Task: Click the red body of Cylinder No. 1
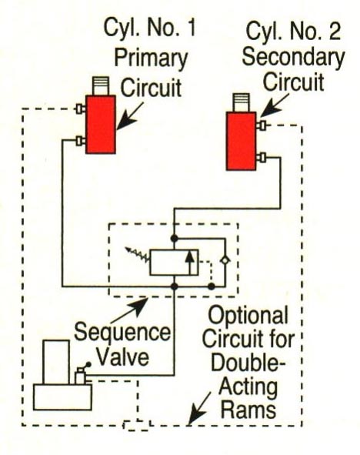point(101,124)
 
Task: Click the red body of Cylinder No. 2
point(242,141)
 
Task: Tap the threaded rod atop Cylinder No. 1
point(101,86)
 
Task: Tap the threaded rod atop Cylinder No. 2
point(242,102)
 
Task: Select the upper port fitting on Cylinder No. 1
point(81,109)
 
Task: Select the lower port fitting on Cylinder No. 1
point(81,141)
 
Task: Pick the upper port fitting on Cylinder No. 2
point(262,125)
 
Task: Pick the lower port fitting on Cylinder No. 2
point(262,158)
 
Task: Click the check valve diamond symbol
point(225,260)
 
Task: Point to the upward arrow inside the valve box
point(190,263)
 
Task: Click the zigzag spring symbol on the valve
point(138,253)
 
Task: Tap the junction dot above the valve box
point(174,239)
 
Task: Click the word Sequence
point(122,333)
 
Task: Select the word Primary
point(151,59)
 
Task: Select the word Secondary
point(293,58)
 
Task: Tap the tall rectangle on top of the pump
point(56,362)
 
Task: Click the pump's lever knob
point(88,364)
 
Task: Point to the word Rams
point(248,410)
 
